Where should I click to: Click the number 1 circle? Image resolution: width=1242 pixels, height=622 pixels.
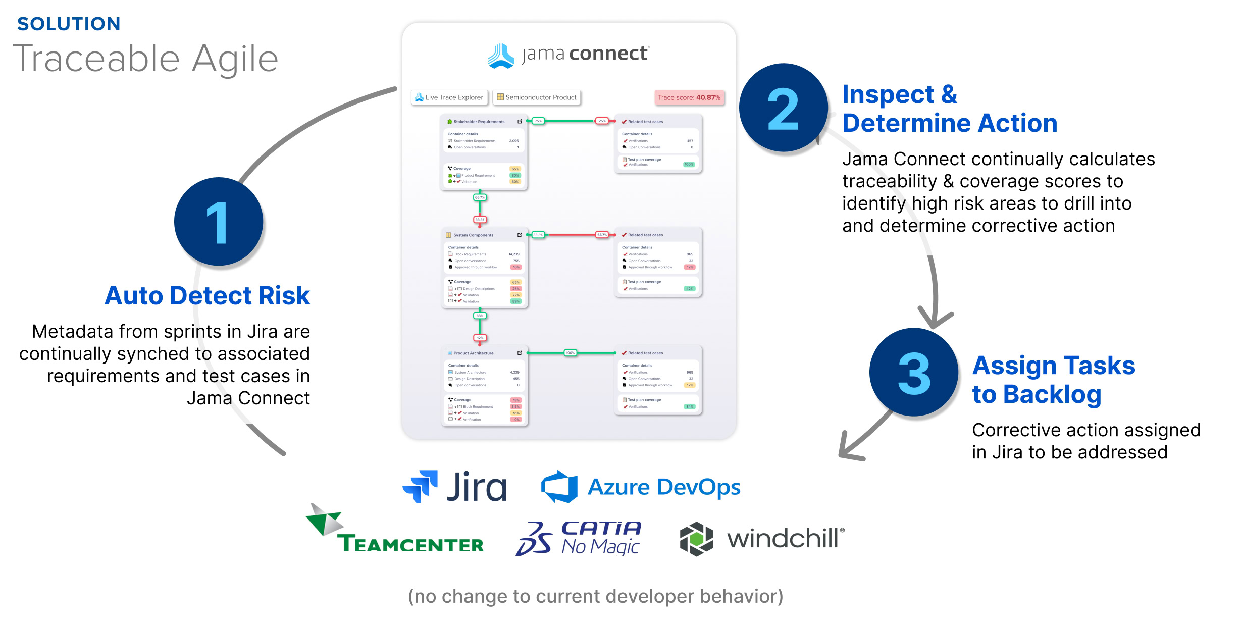click(x=218, y=222)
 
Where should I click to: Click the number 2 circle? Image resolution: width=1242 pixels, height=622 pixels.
click(x=783, y=108)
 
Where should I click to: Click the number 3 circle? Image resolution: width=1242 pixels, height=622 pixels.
click(x=913, y=373)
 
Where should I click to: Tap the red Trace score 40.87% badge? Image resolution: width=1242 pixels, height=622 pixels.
click(x=689, y=97)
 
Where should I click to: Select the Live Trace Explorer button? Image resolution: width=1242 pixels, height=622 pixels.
click(x=449, y=97)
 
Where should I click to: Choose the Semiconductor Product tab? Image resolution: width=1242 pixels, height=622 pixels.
click(x=536, y=97)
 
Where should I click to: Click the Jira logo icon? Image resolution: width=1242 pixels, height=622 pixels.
click(x=421, y=486)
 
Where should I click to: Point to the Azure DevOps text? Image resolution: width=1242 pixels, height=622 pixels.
click(x=663, y=487)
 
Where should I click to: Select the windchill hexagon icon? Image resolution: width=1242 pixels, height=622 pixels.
click(x=696, y=539)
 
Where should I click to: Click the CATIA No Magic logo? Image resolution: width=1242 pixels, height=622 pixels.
click(x=579, y=538)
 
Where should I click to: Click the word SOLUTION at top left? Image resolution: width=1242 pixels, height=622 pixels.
click(x=69, y=24)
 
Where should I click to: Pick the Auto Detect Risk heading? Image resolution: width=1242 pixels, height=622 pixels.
click(x=207, y=295)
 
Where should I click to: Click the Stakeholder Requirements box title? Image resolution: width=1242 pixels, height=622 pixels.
click(x=479, y=122)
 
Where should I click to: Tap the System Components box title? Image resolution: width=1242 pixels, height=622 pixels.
click(x=473, y=235)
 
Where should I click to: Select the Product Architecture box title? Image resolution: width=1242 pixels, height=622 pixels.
click(x=473, y=353)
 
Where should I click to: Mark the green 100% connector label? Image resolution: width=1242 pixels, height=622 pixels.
click(x=570, y=353)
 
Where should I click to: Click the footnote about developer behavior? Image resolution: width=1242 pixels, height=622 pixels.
click(x=595, y=596)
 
